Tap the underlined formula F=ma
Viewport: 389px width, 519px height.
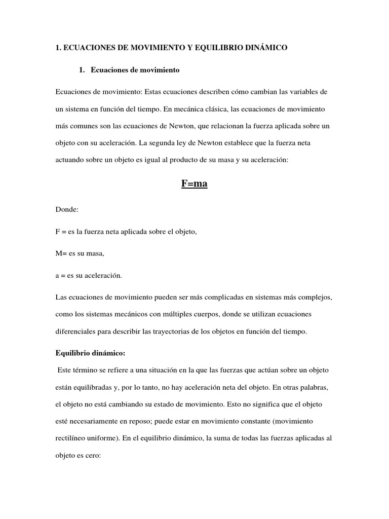(x=194, y=183)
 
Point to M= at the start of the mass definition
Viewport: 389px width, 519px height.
(x=61, y=253)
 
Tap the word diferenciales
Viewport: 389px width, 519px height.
(x=77, y=331)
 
